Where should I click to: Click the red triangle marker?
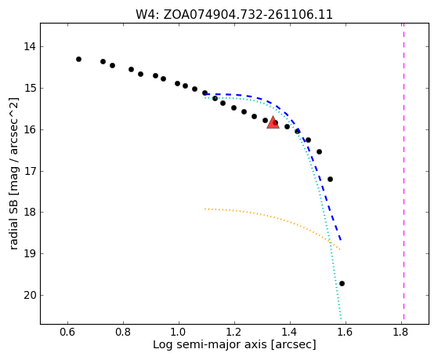coord(273,122)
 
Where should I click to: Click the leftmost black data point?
coord(79,59)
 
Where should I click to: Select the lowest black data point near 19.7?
coord(342,283)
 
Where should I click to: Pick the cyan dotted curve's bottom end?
coord(341,319)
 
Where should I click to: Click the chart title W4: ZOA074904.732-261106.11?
coord(234,15)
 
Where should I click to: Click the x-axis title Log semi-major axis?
coord(210,344)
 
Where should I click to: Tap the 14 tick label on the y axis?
coord(30,46)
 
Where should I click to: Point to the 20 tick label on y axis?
coord(30,295)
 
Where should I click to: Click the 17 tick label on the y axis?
coord(30,171)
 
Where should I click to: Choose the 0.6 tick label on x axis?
coord(67,332)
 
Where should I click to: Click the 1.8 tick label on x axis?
coord(401,332)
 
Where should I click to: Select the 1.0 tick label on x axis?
coord(179,332)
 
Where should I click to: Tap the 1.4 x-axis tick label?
coord(290,332)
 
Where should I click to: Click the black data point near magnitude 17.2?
coord(330,179)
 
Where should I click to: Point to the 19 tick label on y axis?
coord(30,253)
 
